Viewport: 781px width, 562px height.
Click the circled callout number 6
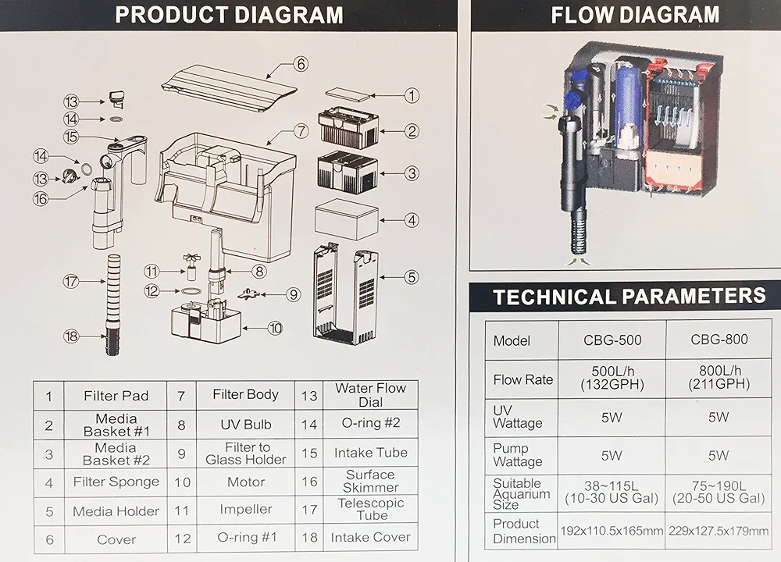[301, 64]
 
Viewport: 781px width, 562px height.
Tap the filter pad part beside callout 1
[348, 94]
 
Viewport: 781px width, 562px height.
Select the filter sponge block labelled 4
[346, 220]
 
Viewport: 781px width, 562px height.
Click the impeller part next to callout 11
[191, 267]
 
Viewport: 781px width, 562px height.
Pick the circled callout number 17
[71, 281]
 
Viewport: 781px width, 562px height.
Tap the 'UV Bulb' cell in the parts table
[245, 425]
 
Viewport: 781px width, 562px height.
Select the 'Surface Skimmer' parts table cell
[370, 482]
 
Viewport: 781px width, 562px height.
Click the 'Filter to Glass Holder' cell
[245, 454]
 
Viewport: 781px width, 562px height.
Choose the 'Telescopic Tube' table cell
[370, 509]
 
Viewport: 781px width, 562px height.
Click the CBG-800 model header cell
[719, 340]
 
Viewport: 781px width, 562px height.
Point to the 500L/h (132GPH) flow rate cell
[612, 379]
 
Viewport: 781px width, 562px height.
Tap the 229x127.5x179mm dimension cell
[719, 531]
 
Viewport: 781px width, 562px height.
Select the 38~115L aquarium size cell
[612, 493]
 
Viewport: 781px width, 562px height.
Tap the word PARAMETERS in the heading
[693, 296]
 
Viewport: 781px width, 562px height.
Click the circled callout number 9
[294, 295]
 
